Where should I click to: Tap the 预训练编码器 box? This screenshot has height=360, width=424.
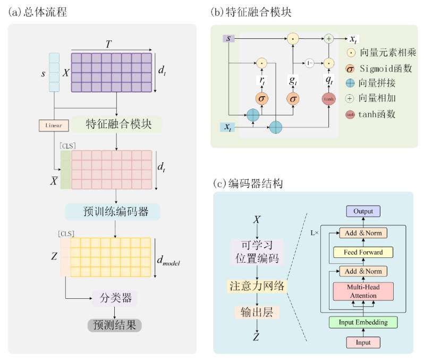click(x=112, y=212)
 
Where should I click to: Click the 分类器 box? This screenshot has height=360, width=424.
click(x=115, y=297)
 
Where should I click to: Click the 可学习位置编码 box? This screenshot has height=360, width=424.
click(x=257, y=253)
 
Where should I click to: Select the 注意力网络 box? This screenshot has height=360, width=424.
click(x=257, y=287)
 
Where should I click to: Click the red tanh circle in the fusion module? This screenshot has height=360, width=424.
click(x=329, y=99)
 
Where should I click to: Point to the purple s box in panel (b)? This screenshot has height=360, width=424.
click(x=228, y=38)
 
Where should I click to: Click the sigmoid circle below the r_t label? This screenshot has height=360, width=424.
click(x=261, y=99)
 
